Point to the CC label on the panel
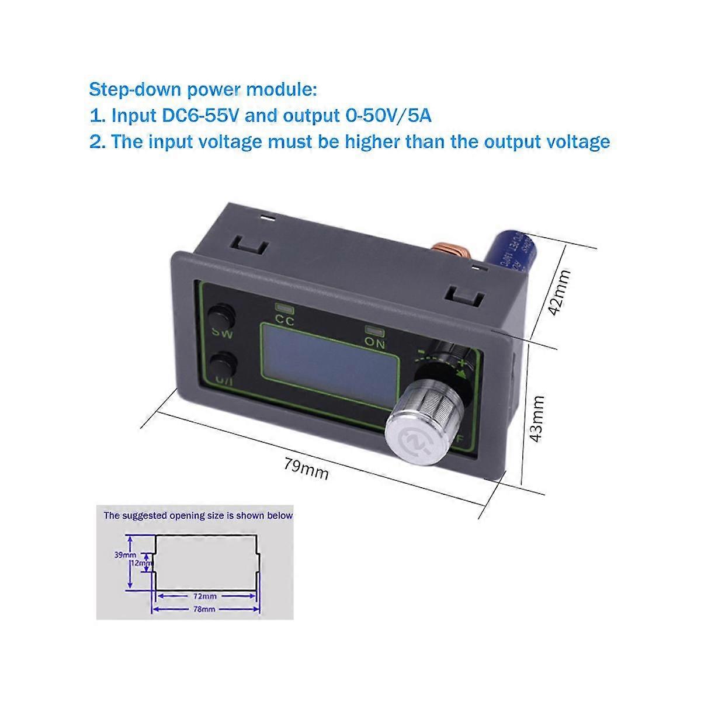pyautogui.click(x=285, y=320)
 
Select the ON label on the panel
pyautogui.click(x=375, y=343)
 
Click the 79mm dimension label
pyautogui.click(x=306, y=468)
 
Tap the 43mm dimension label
pyautogui.click(x=537, y=419)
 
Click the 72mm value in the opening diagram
pyautogui.click(x=205, y=596)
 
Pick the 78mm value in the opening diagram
pyautogui.click(x=205, y=609)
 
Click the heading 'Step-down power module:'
pyautogui.click(x=203, y=90)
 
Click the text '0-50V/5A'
pyautogui.click(x=385, y=116)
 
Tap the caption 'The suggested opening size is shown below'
pyautogui.click(x=198, y=516)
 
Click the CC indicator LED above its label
pyautogui.click(x=284, y=307)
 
